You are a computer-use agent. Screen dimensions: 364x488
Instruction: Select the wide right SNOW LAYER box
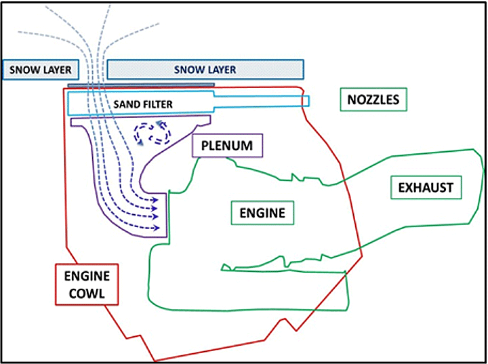pyautogui.click(x=205, y=69)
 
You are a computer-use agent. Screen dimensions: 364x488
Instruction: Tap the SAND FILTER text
pyautogui.click(x=143, y=104)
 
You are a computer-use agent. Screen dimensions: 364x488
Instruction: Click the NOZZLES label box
pyautogui.click(x=373, y=100)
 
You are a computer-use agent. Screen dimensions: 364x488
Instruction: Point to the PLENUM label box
pyautogui.click(x=226, y=145)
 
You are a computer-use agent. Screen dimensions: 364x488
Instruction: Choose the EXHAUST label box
pyautogui.click(x=426, y=187)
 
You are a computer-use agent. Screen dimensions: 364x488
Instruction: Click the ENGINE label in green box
pyautogui.click(x=262, y=213)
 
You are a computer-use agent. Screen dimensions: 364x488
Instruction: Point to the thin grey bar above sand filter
pyautogui.click(x=142, y=85)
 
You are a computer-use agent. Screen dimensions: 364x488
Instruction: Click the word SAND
pyautogui.click(x=127, y=104)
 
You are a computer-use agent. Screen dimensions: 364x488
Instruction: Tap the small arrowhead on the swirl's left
pyautogui.click(x=139, y=142)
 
